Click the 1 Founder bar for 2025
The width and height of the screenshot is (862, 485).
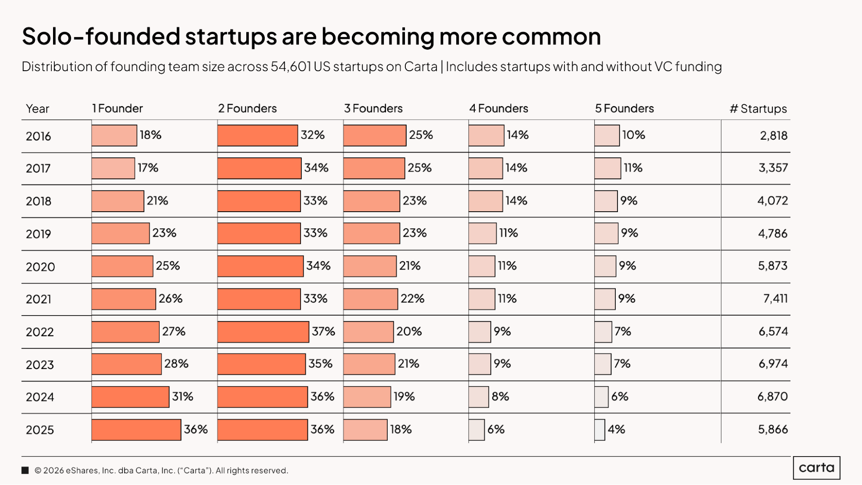tap(136, 430)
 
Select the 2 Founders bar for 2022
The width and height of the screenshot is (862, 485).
tap(263, 332)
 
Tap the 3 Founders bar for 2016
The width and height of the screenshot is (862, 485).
tap(375, 135)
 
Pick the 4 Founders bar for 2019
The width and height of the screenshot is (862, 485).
tap(483, 233)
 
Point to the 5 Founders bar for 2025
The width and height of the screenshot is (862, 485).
tap(600, 430)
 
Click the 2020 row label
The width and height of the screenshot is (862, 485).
tap(41, 267)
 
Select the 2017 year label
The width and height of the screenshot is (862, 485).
tap(38, 168)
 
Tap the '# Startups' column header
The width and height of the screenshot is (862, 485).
tap(758, 109)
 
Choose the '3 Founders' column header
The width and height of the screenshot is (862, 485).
tap(373, 109)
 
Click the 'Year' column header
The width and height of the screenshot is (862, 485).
tap(38, 109)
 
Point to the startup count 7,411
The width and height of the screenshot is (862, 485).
tap(775, 299)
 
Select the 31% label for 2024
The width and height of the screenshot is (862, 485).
tap(182, 397)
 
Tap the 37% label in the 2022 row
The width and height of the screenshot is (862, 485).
tap(323, 332)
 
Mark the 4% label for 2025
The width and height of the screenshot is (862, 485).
tap(616, 429)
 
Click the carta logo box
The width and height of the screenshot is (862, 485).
tap(816, 468)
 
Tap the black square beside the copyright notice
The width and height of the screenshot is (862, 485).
tap(25, 470)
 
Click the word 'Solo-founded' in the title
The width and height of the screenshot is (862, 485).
tap(101, 36)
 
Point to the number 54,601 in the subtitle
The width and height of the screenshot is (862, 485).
tap(291, 67)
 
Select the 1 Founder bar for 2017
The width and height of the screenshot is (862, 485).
tap(113, 168)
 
